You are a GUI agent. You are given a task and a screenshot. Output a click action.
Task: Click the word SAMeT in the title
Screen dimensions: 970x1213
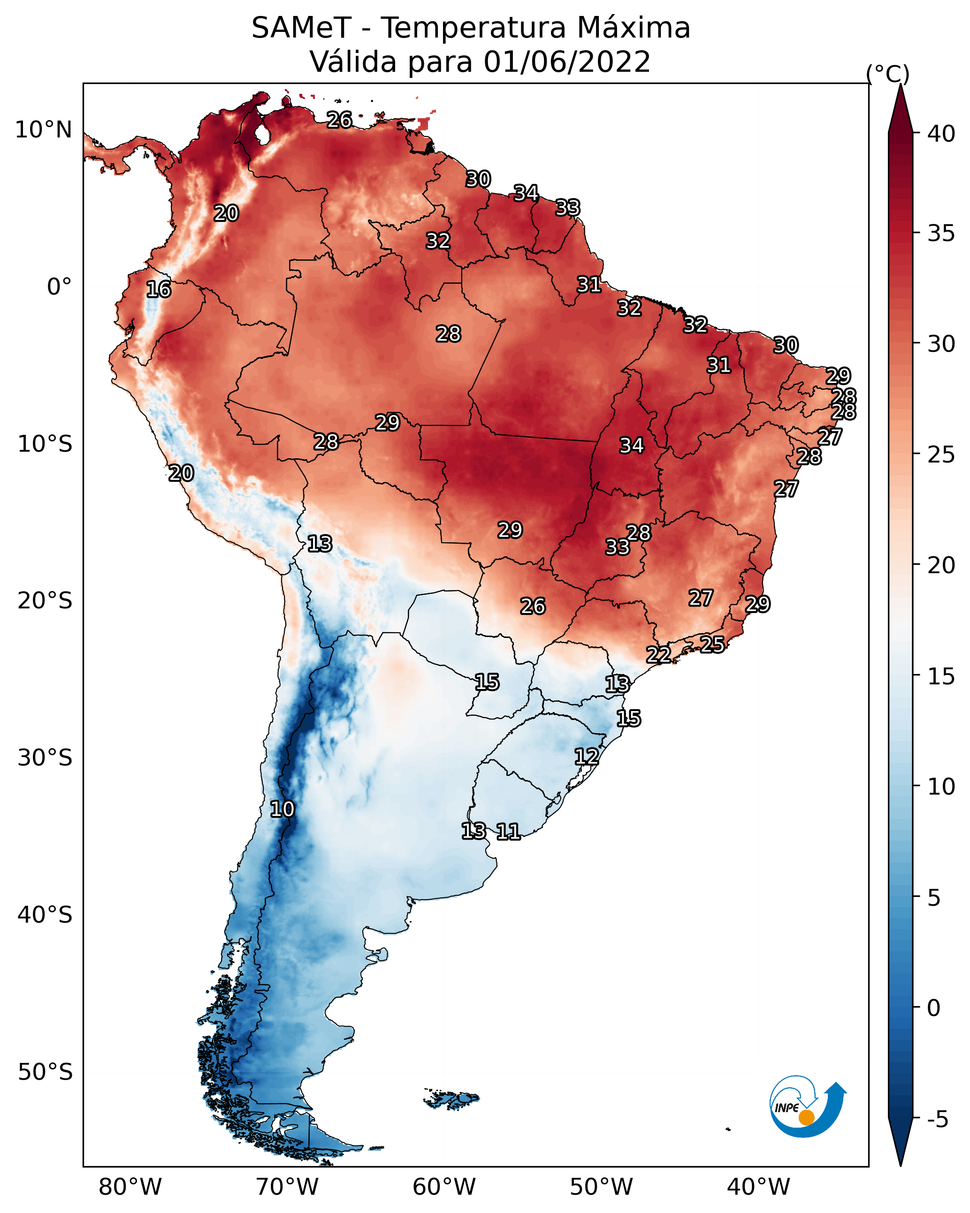pos(301,28)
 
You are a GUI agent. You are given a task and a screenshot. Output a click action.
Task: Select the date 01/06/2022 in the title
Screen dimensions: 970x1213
pos(566,62)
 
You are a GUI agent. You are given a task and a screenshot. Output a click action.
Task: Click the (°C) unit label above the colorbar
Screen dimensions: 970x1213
pos(887,74)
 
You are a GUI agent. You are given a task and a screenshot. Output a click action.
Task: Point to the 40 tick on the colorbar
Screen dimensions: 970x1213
pos(941,134)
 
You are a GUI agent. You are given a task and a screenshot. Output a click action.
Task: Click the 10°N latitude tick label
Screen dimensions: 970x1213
pos(43,130)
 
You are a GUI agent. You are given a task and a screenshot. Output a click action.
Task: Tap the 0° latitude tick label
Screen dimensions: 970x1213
pos(60,287)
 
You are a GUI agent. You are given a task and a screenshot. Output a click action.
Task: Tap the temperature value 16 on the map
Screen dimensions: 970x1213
pos(158,290)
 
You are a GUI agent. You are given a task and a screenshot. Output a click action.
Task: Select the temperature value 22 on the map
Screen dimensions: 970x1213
pos(658,655)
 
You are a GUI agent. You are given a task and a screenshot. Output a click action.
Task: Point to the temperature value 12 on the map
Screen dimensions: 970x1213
pos(586,756)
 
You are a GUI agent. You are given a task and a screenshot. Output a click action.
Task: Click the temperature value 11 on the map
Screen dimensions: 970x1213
pos(508,831)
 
